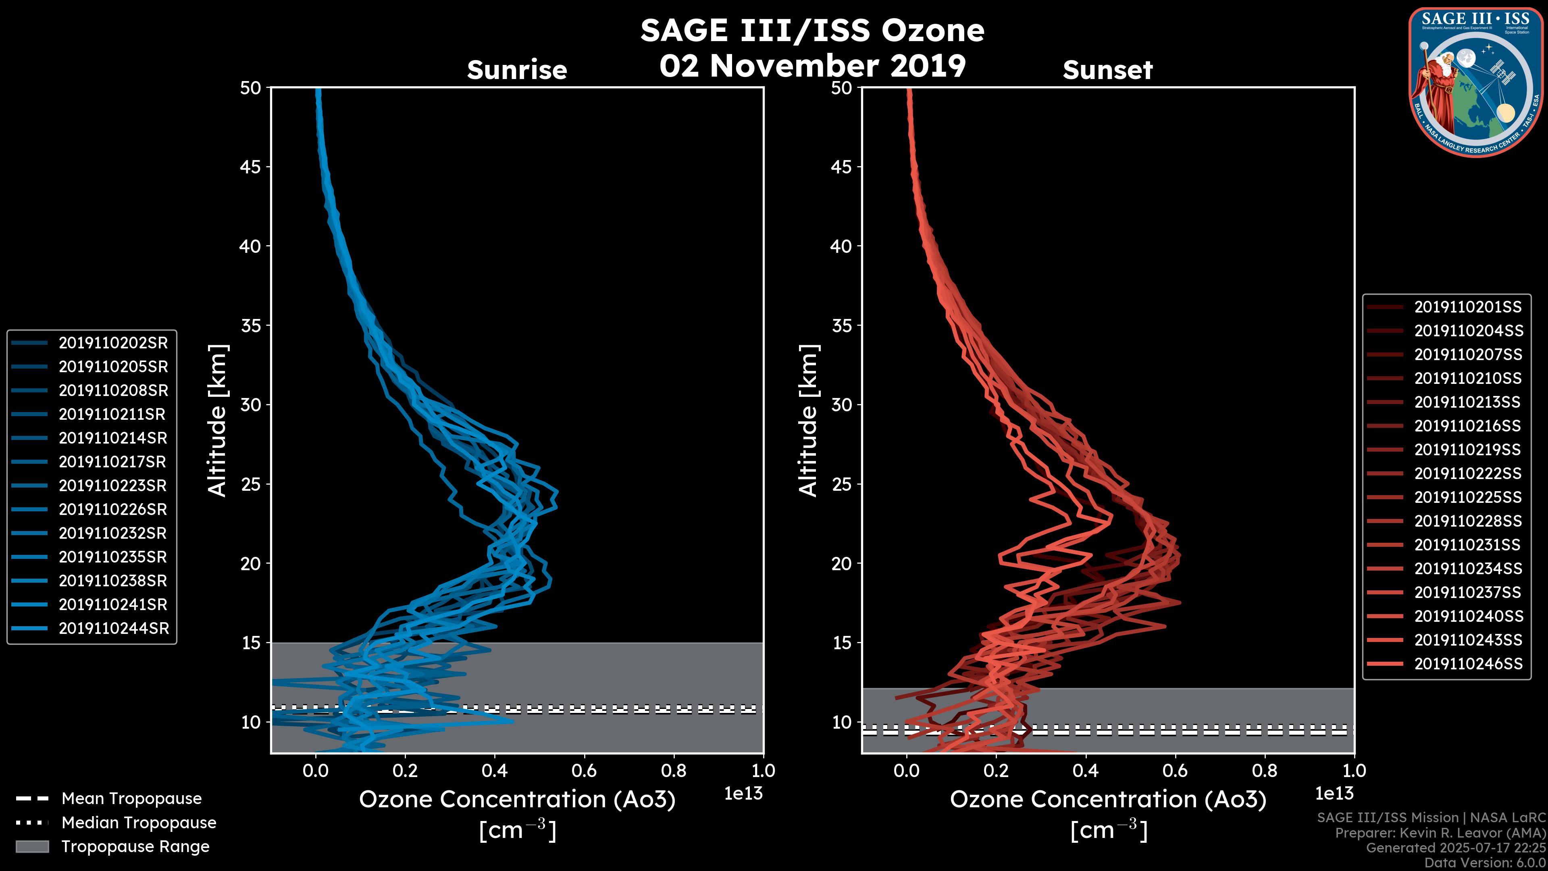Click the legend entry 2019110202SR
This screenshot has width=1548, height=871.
pos(113,343)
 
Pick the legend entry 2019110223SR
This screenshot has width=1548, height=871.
pos(113,486)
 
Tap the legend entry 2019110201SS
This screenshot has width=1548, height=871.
pos(1467,307)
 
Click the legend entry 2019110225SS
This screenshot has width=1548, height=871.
pos(1467,498)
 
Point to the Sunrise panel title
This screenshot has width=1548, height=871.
pos(517,70)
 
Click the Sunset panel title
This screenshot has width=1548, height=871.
pos(1107,70)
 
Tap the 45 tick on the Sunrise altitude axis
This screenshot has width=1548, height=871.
pos(251,167)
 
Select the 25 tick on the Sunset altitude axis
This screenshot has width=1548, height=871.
pos(841,484)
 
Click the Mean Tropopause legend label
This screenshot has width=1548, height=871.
pos(131,799)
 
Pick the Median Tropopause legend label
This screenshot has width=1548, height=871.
pos(139,823)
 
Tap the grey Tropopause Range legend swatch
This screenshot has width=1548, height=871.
pos(32,847)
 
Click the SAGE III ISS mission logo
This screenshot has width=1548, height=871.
pos(1474,82)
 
